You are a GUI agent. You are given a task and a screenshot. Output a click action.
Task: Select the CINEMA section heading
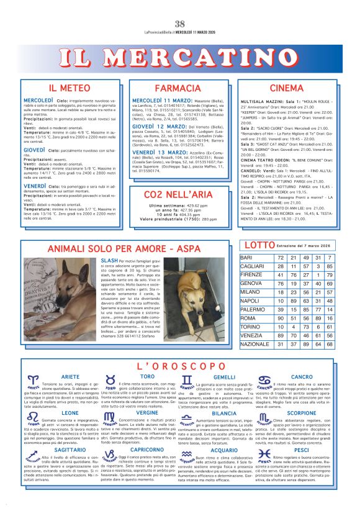click(x=286, y=88)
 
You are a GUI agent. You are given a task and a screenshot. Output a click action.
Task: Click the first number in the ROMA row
click(x=281, y=318)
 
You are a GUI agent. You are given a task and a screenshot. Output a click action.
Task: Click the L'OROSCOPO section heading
click(x=180, y=366)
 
